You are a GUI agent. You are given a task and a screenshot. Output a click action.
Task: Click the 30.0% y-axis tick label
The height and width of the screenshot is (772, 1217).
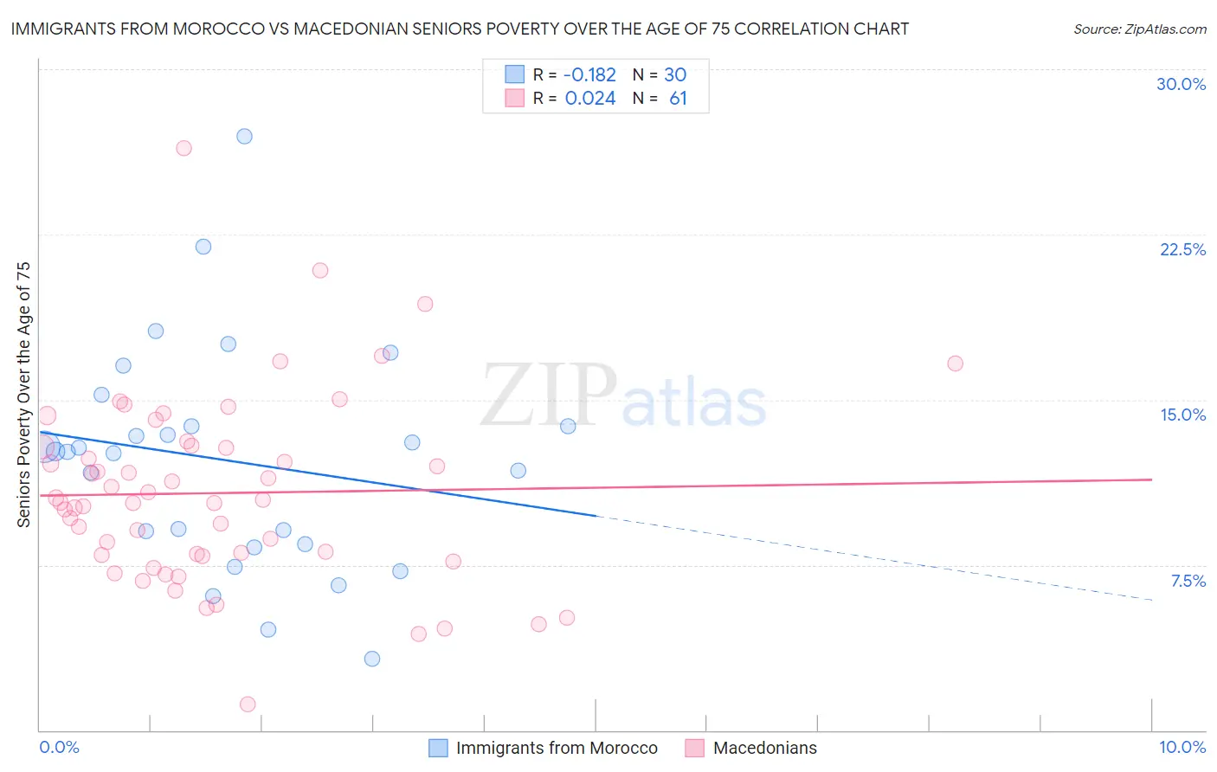(1181, 84)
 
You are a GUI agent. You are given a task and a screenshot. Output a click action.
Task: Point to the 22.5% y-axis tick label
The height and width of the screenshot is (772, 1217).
(1182, 249)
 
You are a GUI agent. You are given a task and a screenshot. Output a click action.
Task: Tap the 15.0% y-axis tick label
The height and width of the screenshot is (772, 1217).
(1182, 415)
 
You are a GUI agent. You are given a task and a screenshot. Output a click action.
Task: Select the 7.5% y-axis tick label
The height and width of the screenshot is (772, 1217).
(1188, 581)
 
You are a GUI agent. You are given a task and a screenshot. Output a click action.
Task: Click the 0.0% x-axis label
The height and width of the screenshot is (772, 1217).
(59, 747)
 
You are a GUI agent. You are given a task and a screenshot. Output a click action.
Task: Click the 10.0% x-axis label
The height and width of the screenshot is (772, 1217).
(1182, 747)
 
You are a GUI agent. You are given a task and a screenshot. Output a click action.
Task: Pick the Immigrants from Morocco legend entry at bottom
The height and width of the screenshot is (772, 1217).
(556, 748)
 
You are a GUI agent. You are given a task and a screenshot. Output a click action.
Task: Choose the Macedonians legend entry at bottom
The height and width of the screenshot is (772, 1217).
(764, 748)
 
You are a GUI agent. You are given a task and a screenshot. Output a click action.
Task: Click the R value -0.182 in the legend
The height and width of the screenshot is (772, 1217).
(589, 75)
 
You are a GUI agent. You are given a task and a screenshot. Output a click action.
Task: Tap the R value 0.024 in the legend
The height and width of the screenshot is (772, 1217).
(589, 99)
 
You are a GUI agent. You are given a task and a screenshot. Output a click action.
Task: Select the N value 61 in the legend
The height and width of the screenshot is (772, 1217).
(678, 99)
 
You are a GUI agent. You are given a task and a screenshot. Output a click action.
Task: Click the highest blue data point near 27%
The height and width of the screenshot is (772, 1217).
(244, 136)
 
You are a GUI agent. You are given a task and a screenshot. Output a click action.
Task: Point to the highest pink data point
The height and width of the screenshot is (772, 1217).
(184, 148)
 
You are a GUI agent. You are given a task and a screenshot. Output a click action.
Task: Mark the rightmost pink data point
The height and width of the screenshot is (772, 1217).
(955, 363)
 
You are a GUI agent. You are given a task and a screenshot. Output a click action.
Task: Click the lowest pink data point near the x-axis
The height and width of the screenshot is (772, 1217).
(248, 704)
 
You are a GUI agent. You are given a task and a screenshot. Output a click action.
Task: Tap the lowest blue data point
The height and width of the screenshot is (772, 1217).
(372, 659)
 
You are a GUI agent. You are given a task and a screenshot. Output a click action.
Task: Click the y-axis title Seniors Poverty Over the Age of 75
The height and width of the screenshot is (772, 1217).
(24, 394)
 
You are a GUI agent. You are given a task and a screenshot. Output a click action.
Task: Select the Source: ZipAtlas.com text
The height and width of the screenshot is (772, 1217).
(1139, 29)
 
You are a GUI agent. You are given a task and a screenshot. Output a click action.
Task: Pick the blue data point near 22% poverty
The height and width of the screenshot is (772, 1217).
(203, 247)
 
